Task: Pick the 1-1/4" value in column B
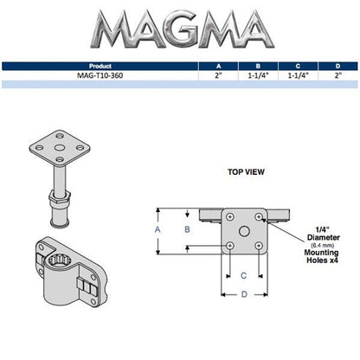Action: coord(256,75)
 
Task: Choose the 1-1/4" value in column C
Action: coord(297,75)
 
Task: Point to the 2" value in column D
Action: coord(338,75)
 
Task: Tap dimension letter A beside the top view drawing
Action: coord(157,230)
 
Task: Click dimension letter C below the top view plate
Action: coord(244,275)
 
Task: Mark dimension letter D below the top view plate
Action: coord(244,294)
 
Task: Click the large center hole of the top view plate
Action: coord(245,229)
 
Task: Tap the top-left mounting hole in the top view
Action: coord(230,215)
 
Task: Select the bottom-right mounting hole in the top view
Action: coord(259,245)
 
